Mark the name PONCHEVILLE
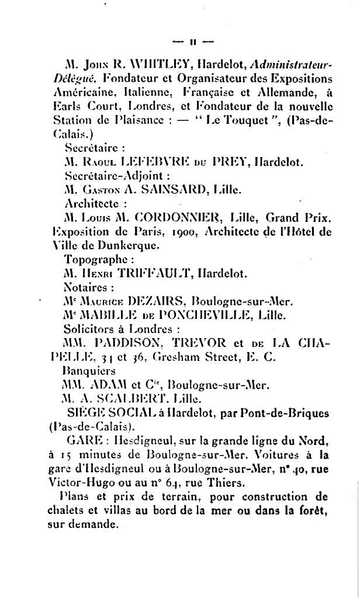tap(188, 315)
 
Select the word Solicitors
tap(88, 329)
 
